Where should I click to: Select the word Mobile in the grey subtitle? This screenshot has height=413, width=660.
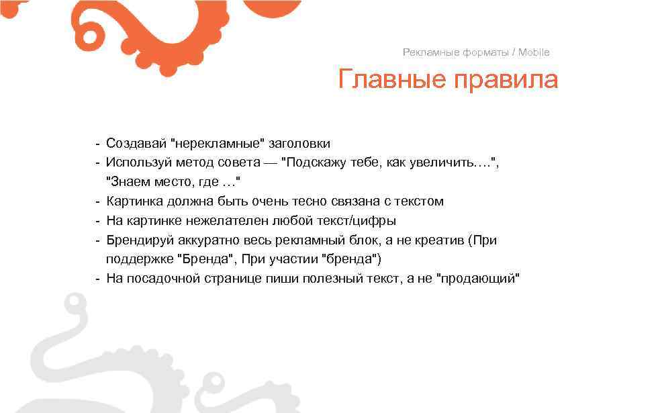click(x=533, y=52)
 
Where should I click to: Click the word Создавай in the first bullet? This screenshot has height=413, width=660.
click(x=136, y=144)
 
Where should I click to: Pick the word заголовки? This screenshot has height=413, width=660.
click(x=299, y=144)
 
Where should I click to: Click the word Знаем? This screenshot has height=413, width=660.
click(x=128, y=182)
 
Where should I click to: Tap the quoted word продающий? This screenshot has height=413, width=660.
click(x=478, y=279)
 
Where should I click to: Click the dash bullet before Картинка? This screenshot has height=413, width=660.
click(x=98, y=201)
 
